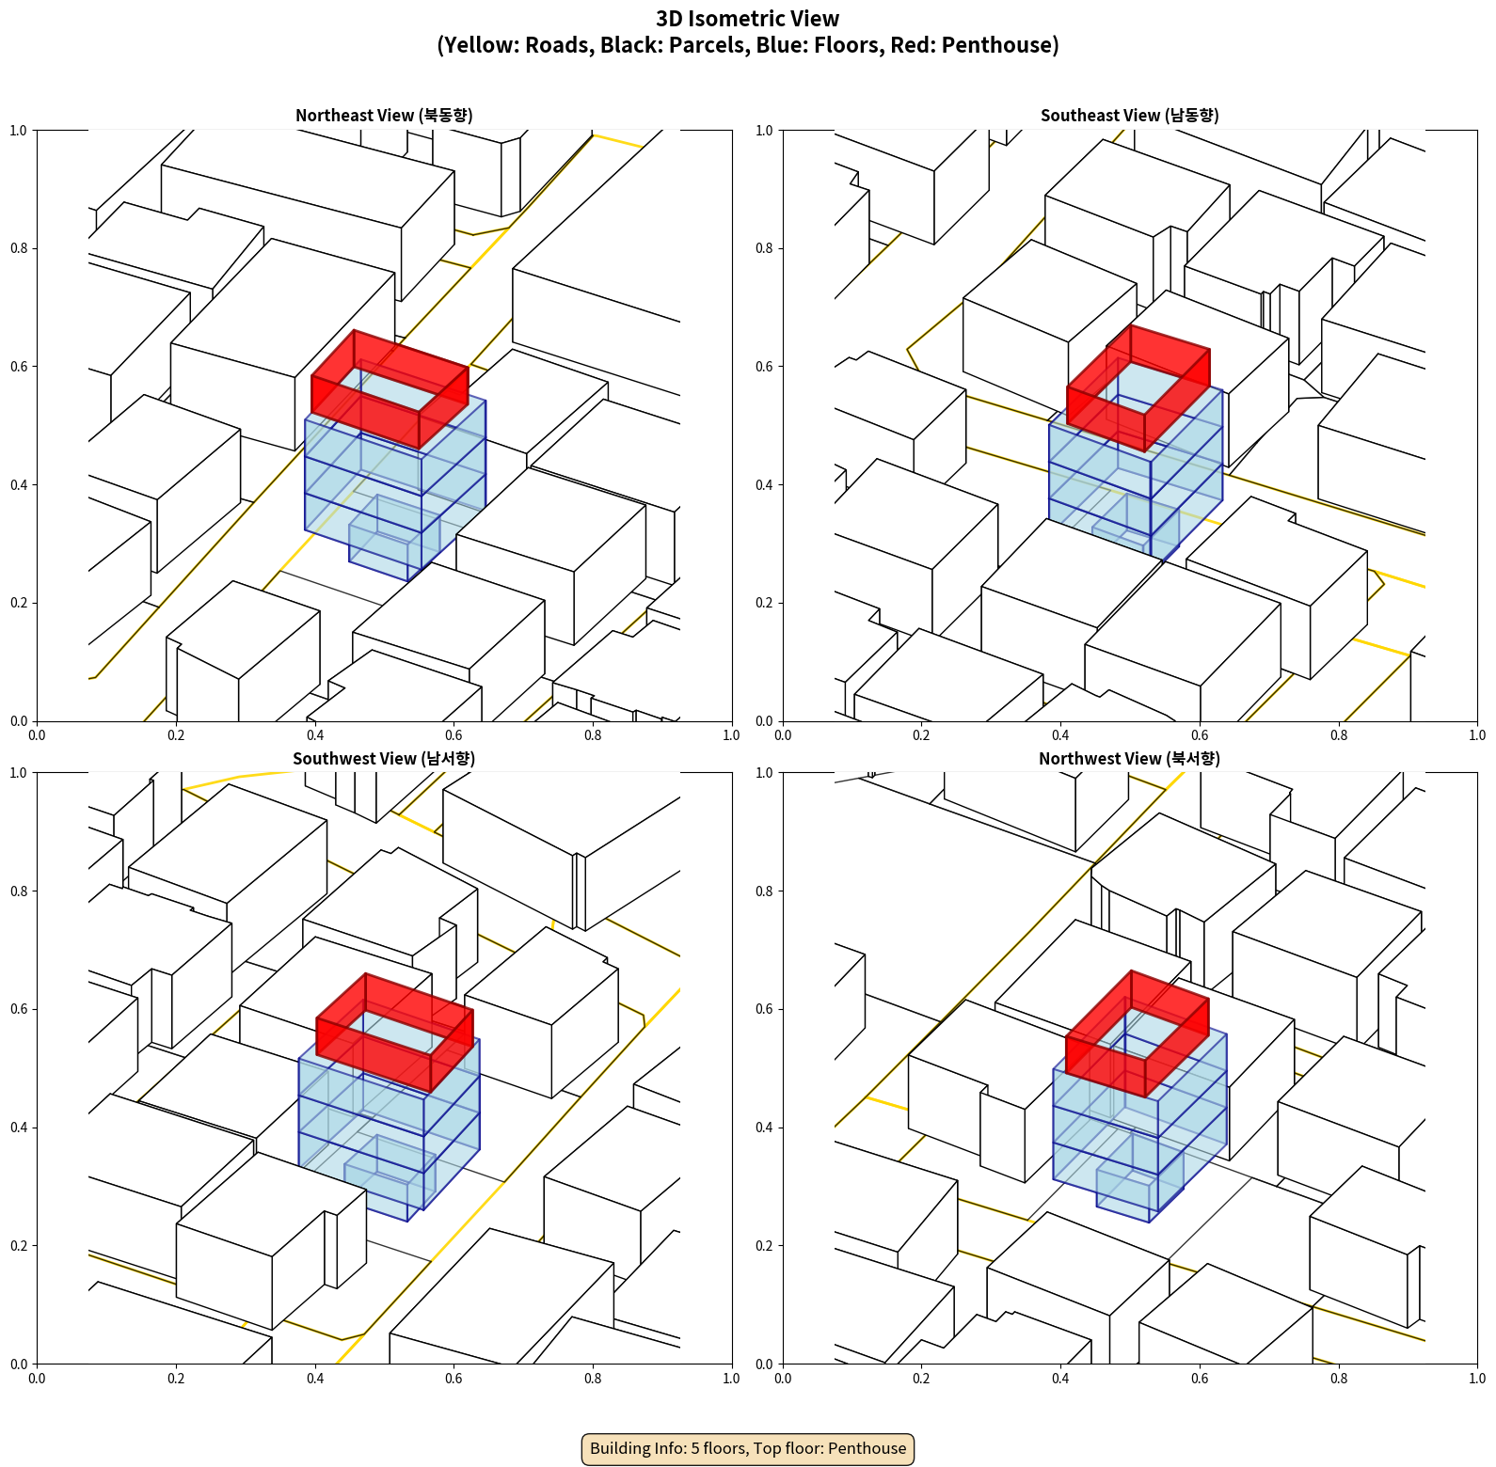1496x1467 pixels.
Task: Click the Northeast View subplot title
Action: tap(384, 116)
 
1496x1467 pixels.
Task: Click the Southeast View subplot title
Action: tap(1129, 116)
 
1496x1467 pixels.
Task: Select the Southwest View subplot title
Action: tap(384, 759)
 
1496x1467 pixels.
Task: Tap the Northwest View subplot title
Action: tap(1129, 759)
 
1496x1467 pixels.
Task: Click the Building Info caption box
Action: tap(748, 1448)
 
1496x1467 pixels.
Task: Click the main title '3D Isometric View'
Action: tap(748, 19)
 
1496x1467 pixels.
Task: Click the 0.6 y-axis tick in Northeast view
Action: tap(19, 367)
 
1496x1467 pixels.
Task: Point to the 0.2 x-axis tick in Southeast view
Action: tap(921, 735)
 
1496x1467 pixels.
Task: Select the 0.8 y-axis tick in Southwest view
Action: tap(19, 891)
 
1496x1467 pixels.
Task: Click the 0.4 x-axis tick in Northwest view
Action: tap(1060, 1379)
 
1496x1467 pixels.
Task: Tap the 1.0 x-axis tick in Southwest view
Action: tap(731, 1379)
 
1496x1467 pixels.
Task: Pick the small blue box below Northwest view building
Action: tap(1139, 1179)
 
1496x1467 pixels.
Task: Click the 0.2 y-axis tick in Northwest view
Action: tap(765, 1246)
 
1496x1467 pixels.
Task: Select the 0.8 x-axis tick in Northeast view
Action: tap(593, 735)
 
